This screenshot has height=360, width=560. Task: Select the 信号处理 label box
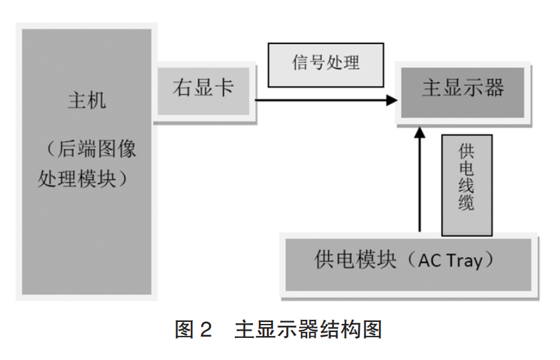[x=326, y=64]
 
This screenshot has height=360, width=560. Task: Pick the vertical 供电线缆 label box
[x=467, y=185]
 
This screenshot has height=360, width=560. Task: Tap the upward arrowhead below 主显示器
[x=419, y=132]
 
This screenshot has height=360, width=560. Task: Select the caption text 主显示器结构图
[x=308, y=329]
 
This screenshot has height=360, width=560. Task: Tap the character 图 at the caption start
[x=184, y=329]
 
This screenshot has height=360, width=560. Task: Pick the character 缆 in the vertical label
[x=467, y=204]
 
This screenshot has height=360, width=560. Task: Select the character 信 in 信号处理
[x=300, y=63]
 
